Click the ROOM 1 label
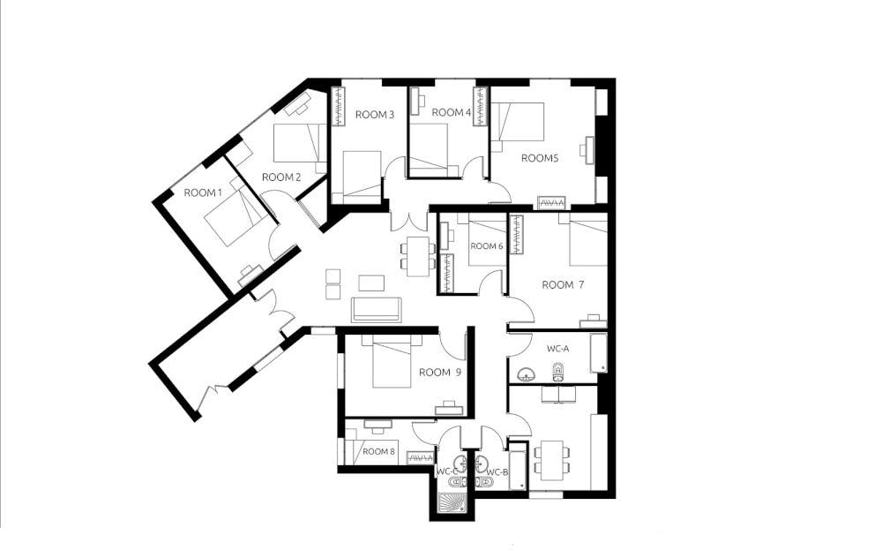[x=204, y=192]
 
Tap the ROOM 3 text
[x=374, y=114]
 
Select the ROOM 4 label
[x=451, y=112]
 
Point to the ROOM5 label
[x=540, y=158]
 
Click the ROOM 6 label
[x=487, y=246]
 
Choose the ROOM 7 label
[x=563, y=284]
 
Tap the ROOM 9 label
[x=439, y=372]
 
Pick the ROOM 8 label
[x=380, y=451]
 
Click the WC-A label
[x=557, y=349]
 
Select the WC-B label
[x=497, y=472]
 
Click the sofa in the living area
[x=376, y=310]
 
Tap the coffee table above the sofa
[x=371, y=283]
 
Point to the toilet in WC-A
[x=557, y=373]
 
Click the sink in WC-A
[x=527, y=373]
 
